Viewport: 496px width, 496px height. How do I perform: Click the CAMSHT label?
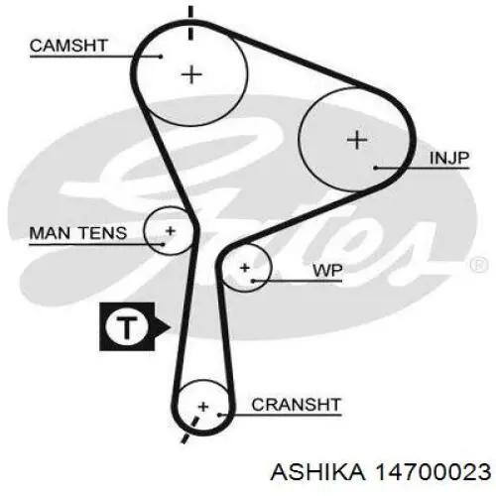tap(68, 46)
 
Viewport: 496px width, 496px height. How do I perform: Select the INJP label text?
tap(449, 158)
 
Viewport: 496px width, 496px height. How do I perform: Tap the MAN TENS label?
tap(78, 233)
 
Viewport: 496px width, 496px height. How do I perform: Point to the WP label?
tap(327, 271)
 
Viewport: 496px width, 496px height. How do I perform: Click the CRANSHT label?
tap(297, 405)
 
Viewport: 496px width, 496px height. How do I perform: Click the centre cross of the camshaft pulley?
tap(191, 74)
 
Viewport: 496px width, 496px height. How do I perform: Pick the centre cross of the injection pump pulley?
tap(357, 140)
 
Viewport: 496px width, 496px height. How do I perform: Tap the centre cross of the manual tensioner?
tap(171, 231)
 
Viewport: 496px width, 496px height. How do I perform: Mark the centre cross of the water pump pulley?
tap(245, 268)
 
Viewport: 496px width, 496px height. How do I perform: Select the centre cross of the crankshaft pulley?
tap(203, 407)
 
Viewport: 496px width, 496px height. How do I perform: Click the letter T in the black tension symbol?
tap(127, 327)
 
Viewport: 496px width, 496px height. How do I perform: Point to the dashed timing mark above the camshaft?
tap(190, 23)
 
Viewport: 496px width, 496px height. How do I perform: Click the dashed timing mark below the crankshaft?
tap(191, 430)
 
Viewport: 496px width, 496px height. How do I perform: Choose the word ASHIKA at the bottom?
tap(318, 471)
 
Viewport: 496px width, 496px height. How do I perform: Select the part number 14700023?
tap(432, 471)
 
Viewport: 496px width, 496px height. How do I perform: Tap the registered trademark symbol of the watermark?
tap(478, 265)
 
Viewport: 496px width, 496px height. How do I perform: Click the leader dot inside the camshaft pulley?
tap(161, 57)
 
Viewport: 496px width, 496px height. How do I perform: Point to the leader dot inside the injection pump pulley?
tap(376, 168)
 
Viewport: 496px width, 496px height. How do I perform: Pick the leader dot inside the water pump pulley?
tap(253, 281)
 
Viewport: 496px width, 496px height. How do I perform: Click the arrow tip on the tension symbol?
tap(170, 327)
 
